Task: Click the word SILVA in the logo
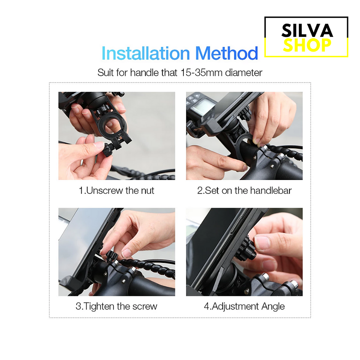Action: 307,30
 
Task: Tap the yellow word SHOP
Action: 307,45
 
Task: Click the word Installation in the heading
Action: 145,53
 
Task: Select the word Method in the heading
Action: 227,53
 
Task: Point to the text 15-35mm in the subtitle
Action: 202,73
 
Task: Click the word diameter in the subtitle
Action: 243,73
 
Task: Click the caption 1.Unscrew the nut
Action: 117,190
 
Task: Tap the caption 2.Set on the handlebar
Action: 244,190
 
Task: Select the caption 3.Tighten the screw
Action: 117,306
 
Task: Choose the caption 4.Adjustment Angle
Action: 244,306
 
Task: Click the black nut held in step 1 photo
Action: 108,150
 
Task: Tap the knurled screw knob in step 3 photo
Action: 112,255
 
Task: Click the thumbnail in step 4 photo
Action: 262,243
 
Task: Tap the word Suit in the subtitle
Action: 106,73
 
